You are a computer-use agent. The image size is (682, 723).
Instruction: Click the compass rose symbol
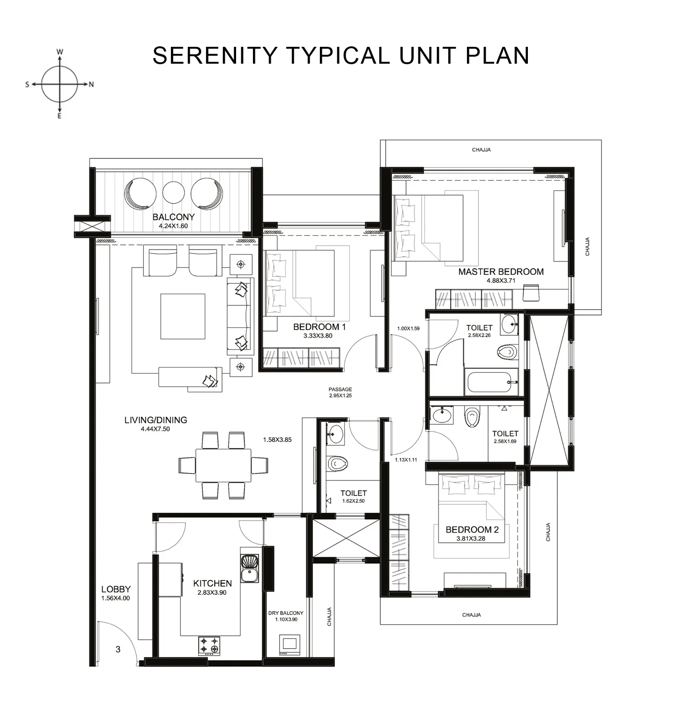pos(59,84)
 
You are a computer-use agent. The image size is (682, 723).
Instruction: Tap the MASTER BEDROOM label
pos(501,272)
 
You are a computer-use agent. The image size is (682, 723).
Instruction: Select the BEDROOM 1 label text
pos(319,327)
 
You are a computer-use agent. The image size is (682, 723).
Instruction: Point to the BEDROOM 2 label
pos(472,530)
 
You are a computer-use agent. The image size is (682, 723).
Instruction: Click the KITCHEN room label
pos(212,583)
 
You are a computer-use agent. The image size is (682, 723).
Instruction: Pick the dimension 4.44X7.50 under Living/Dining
pos(155,429)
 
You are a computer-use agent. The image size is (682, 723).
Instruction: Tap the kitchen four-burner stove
pos(209,644)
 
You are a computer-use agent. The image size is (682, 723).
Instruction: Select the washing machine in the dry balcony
pos(289,645)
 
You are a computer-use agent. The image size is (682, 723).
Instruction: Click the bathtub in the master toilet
pos(492,382)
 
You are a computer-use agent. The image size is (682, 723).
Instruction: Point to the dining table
pos(223,465)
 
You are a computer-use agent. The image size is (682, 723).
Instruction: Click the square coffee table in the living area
pos(183,316)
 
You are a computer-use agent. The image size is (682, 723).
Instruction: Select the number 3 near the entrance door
pos(118,649)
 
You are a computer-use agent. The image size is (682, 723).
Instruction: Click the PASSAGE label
pos(340,389)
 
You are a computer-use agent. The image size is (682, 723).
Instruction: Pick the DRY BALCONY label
pos(286,612)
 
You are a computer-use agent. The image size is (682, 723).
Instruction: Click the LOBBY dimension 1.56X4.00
pos(116,598)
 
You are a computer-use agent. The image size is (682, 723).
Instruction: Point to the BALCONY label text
pos(173,217)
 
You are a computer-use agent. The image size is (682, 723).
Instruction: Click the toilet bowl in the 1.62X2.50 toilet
pos(337,464)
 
